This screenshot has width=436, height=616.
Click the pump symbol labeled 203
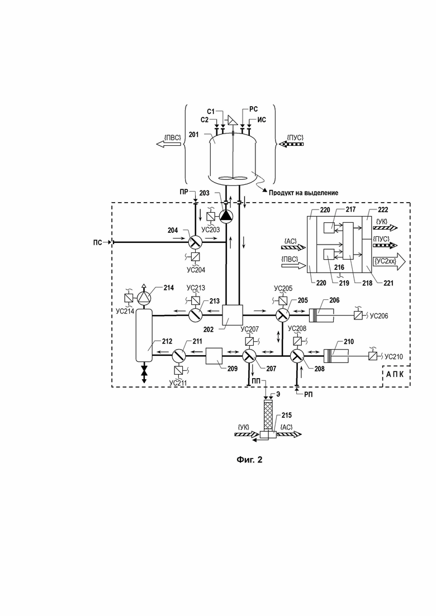coord(226,215)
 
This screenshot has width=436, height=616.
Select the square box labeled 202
coord(233,315)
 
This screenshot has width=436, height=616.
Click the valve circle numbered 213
coord(195,315)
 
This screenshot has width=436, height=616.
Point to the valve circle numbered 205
coord(282,315)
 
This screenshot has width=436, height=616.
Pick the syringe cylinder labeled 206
coord(321,315)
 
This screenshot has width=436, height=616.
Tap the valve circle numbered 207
coord(249,356)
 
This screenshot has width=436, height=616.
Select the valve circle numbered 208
coord(297,356)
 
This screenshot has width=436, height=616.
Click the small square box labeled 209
coord(214,356)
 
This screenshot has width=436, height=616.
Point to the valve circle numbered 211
coord(178,356)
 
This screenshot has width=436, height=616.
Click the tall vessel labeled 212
coord(144,335)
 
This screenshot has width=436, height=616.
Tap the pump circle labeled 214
coord(144,298)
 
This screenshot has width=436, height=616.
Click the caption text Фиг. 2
coord(249,460)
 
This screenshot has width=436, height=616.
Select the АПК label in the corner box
coord(395,374)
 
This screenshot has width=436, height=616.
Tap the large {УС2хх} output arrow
coord(390,261)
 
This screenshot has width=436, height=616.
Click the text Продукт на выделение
coord(304,193)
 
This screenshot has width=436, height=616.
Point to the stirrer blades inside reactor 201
coord(233,178)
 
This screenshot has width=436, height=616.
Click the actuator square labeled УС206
coord(358,315)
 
